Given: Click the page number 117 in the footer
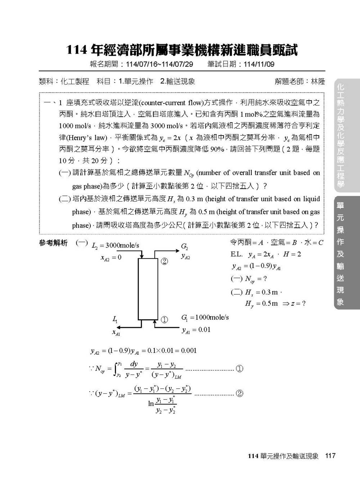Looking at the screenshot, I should click(x=330, y=456).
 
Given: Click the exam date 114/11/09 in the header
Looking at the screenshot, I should click(x=259, y=64).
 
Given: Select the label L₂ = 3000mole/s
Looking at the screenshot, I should click(x=116, y=246).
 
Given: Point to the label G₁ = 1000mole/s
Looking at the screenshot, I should click(x=205, y=317).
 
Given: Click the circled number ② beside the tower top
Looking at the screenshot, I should click(x=164, y=261).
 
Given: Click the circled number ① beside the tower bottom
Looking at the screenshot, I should click(x=164, y=320).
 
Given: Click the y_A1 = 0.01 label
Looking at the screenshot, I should click(x=196, y=330).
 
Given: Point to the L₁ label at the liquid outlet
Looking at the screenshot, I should click(x=115, y=319).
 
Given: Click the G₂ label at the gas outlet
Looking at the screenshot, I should click(x=184, y=247).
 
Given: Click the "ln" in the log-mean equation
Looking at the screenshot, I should click(x=151, y=403).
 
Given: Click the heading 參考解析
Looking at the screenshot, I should click(x=53, y=243).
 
